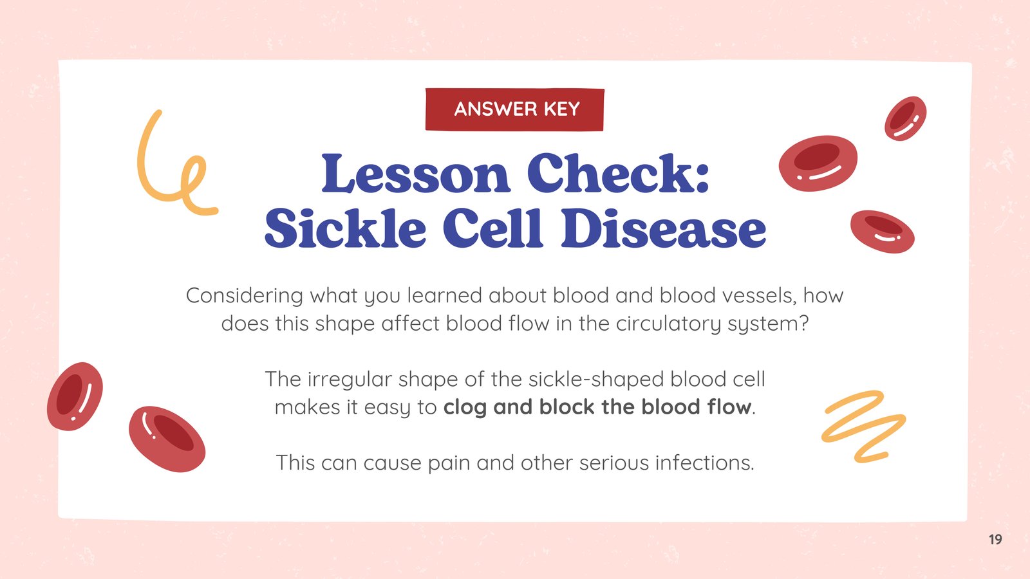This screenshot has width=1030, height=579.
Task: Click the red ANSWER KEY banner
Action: click(514, 109)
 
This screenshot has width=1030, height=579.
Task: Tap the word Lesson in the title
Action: click(416, 173)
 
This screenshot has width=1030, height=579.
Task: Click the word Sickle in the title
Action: click(345, 228)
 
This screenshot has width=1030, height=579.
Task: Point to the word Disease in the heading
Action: click(663, 228)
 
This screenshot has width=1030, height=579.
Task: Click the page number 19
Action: click(995, 539)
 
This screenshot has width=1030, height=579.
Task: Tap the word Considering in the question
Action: click(244, 296)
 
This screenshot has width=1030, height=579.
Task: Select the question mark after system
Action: click(804, 324)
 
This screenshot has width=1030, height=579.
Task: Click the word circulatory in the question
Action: click(668, 324)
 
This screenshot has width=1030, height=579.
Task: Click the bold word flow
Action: click(730, 407)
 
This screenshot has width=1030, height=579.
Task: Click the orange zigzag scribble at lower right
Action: click(863, 426)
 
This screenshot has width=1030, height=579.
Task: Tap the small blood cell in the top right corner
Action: click(905, 118)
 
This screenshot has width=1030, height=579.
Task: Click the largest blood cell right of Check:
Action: click(818, 163)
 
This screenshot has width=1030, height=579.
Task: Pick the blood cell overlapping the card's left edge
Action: click(75, 396)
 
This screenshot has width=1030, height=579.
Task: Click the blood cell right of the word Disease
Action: click(883, 232)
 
